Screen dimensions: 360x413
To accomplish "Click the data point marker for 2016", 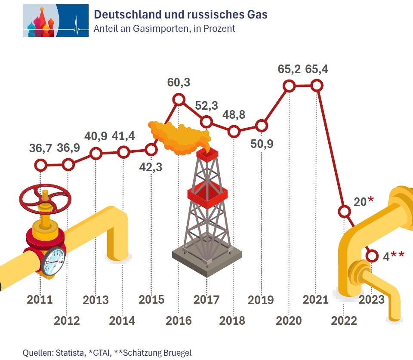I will (x=179, y=100).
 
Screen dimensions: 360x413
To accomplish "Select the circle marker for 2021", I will (x=317, y=86).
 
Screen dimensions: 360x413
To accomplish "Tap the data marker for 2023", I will (x=372, y=256).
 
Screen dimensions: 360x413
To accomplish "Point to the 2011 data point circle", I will (x=40, y=165).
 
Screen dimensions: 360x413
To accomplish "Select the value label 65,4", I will (x=317, y=69).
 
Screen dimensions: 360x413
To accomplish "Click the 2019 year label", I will (x=261, y=299).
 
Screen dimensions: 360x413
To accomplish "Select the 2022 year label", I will (x=344, y=321).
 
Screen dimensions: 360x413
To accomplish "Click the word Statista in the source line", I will (x=70, y=353).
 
